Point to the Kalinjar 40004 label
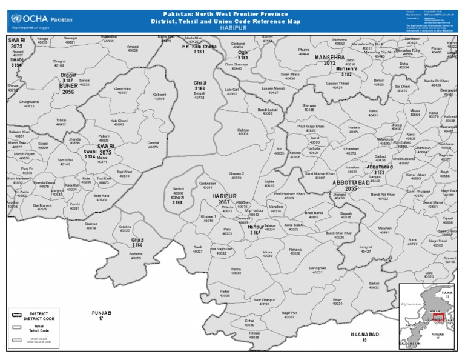point(244,132)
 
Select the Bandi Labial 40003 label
point(267,112)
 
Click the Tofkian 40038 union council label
point(254,335)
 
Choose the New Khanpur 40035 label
point(264,302)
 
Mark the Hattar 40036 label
point(225,293)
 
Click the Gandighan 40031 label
point(317,270)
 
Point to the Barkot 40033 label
point(374,285)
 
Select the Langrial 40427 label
point(366,248)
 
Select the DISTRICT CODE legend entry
point(35,316)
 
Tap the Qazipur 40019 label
point(91,226)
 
